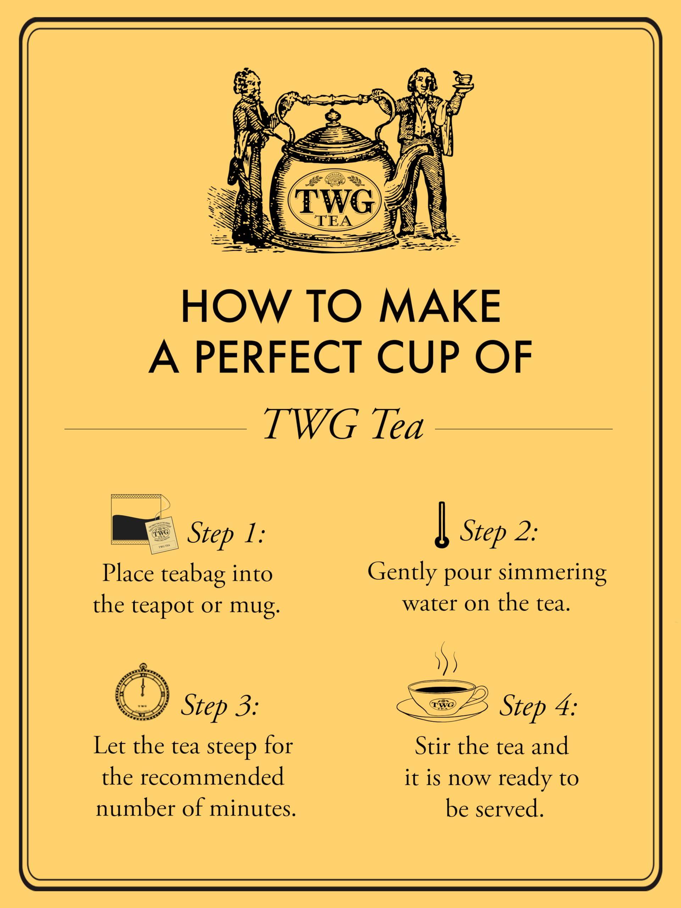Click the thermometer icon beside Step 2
coord(442,525)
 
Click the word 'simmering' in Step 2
coord(553,572)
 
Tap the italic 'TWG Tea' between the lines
coord(343,426)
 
